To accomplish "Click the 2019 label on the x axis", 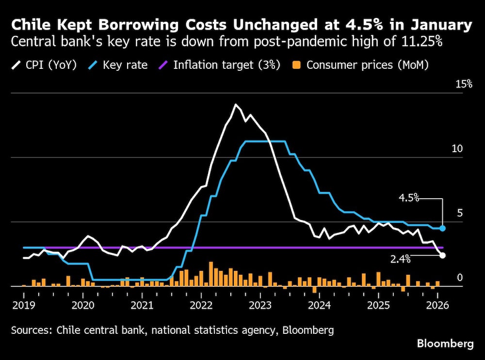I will point(23,305).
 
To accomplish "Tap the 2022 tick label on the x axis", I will point(201,305).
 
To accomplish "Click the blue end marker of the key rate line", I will point(442,228).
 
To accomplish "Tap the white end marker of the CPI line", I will point(442,255).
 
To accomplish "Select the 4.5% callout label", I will point(408,198).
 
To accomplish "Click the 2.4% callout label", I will point(401,260).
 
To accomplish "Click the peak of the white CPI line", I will point(236,105).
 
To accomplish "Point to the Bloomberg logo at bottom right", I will point(445,344).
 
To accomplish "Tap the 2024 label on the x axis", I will point(319,305).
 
